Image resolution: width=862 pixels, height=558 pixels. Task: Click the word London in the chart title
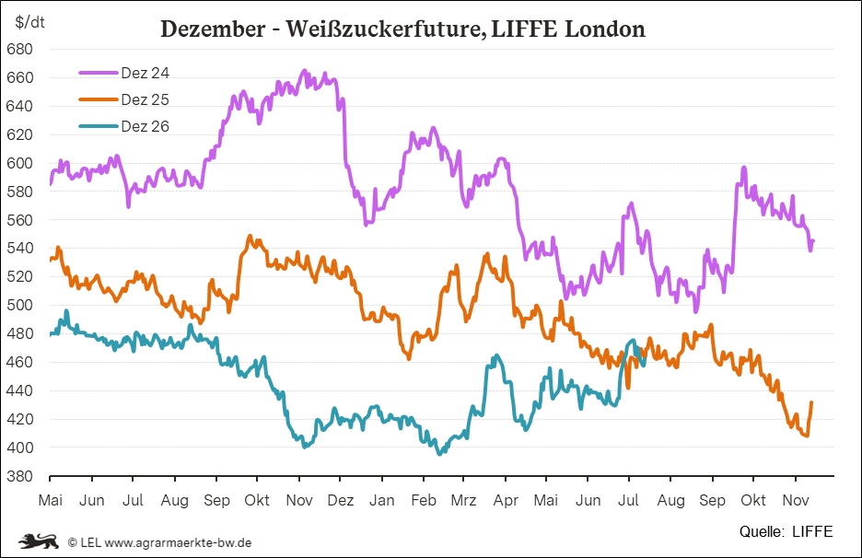pos(605,29)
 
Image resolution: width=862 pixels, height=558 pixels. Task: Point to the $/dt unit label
pos(29,22)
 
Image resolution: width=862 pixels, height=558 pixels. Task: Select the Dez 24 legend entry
pos(124,73)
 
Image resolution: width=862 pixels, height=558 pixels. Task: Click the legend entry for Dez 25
pos(124,99)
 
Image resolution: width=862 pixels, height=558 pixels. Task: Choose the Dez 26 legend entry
pos(124,126)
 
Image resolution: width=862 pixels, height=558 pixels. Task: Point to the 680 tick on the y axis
pos(19,50)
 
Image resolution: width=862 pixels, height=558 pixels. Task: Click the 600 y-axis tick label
pos(19,163)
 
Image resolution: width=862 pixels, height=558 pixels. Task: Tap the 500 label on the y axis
pos(19,305)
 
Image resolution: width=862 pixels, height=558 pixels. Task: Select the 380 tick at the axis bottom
pos(19,476)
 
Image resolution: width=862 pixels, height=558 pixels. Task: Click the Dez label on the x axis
pos(341,500)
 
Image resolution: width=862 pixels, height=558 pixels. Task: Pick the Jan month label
pos(381,500)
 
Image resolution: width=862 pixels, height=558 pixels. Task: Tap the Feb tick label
pos(424,500)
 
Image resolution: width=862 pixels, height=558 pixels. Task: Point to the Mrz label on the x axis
pos(463,500)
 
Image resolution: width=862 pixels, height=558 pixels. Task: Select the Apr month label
pos(506,500)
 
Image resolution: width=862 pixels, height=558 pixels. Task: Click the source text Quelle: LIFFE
pos(786,531)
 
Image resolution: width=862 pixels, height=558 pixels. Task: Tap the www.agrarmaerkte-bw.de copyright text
pos(178,542)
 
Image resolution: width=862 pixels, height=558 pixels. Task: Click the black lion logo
pos(39,541)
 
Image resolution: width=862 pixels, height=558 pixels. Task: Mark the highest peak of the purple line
pos(304,70)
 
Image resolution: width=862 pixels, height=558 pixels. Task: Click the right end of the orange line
pos(811,402)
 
